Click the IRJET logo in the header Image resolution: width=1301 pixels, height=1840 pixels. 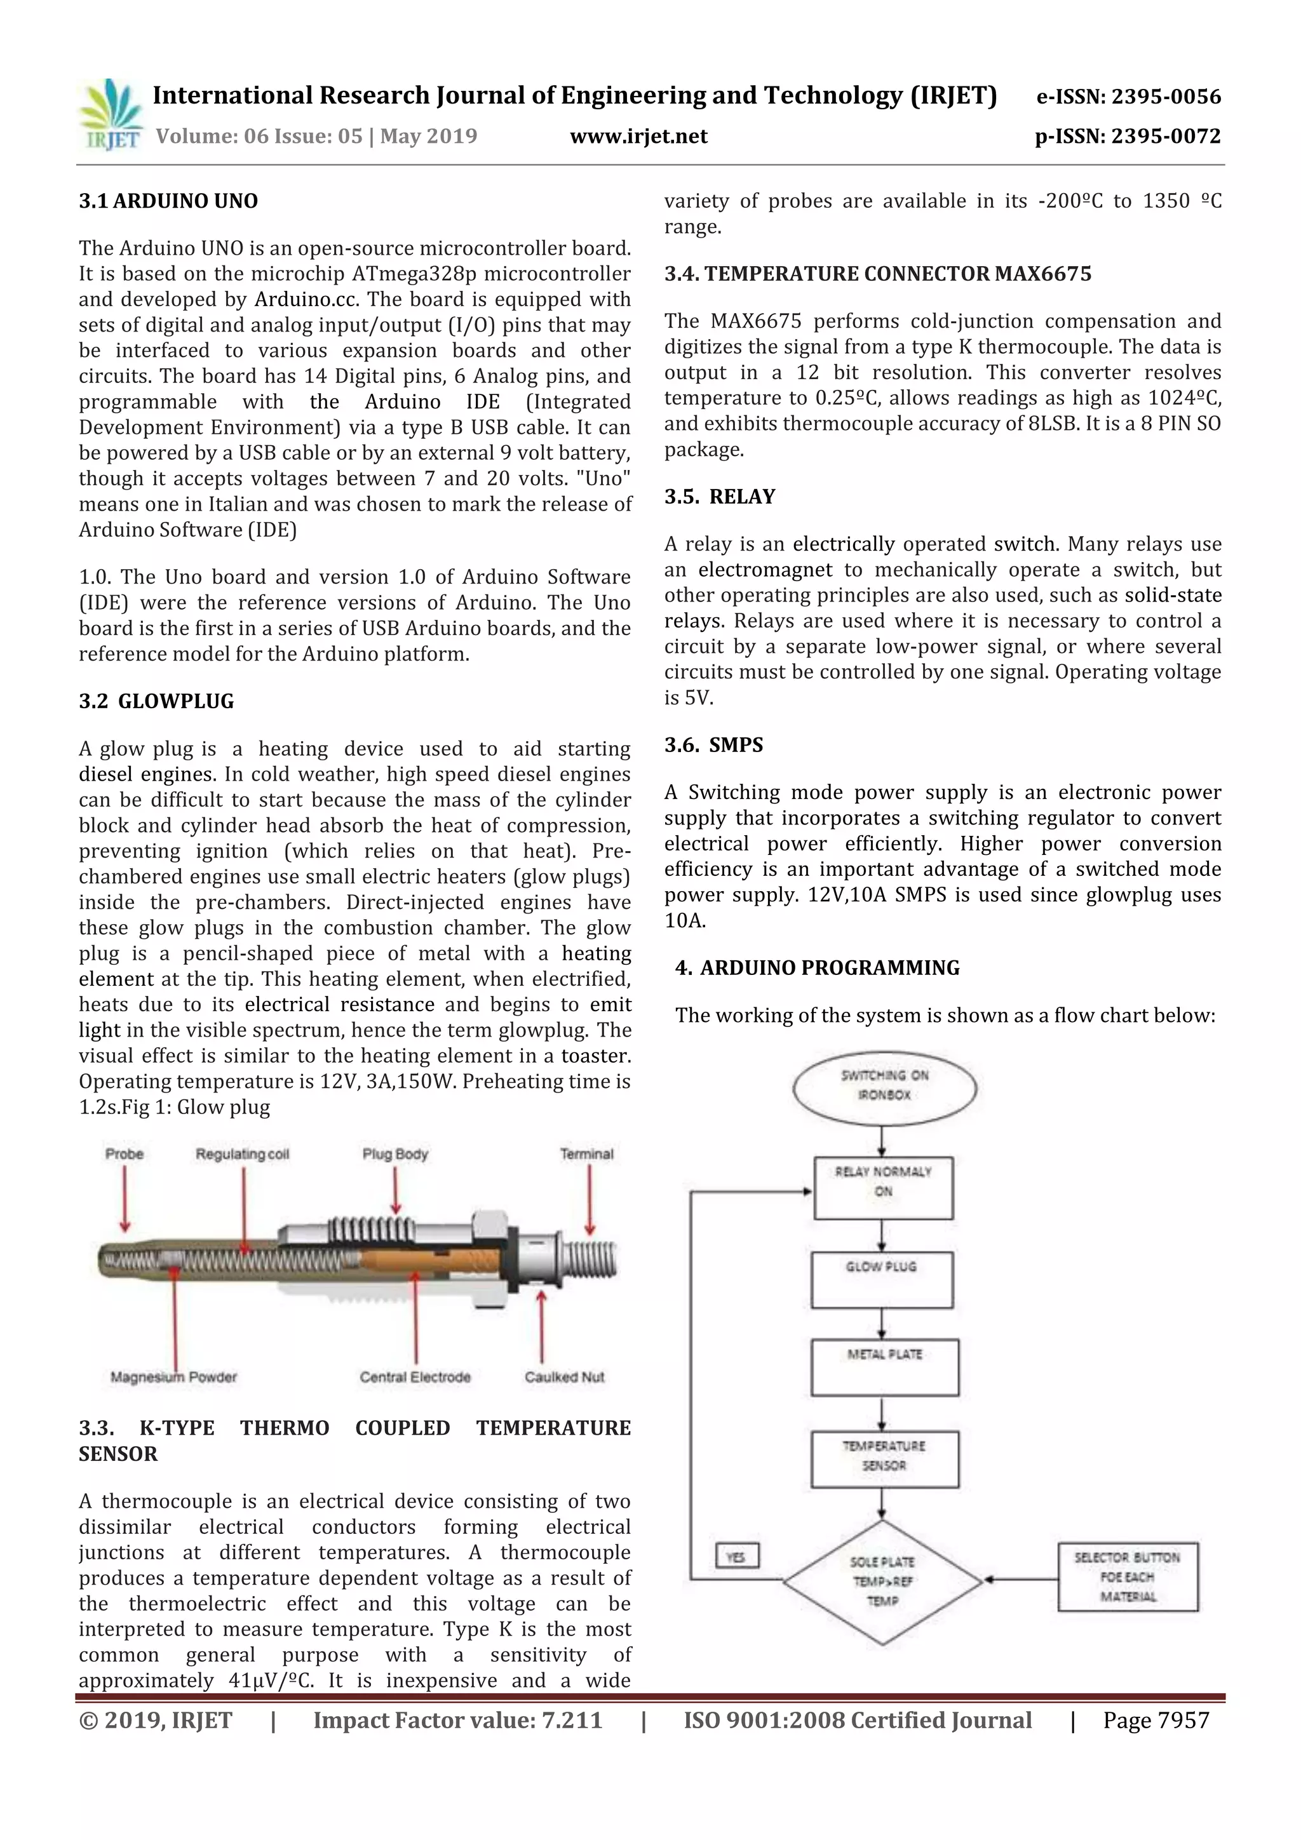point(111,114)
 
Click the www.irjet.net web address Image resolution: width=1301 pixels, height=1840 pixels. point(638,136)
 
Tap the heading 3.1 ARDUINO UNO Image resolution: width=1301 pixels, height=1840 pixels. point(168,201)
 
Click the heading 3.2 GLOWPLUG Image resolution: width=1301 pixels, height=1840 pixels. point(156,701)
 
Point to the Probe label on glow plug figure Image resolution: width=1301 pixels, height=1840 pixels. point(125,1154)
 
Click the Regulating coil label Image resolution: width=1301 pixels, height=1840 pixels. point(242,1154)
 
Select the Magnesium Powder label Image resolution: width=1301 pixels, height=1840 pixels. point(173,1377)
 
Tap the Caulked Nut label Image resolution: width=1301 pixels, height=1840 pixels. point(564,1377)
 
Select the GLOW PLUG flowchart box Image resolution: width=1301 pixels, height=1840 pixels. point(882,1279)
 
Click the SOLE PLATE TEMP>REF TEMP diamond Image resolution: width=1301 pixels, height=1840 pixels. point(882,1581)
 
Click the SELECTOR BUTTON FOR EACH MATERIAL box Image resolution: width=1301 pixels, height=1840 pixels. point(1127,1576)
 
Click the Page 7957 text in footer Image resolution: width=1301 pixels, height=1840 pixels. point(1155,1720)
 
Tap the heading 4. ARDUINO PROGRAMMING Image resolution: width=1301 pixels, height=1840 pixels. point(817,967)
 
